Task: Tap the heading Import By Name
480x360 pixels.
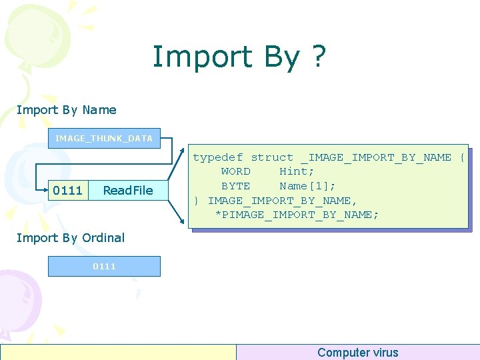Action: [66, 110]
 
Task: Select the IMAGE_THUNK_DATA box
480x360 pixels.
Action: [104, 138]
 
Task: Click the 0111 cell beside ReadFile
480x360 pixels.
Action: [67, 191]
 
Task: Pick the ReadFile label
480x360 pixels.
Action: [128, 191]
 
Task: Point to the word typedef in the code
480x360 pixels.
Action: [218, 157]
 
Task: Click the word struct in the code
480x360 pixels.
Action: [272, 157]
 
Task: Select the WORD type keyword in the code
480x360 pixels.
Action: [236, 171]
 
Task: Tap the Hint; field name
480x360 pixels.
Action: [297, 171]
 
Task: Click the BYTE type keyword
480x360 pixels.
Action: [236, 186]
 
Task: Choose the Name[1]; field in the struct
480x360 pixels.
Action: [307, 186]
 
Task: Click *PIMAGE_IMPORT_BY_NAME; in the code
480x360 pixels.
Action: [297, 215]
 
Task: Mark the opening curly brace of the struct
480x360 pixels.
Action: [462, 157]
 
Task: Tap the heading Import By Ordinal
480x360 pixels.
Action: [70, 237]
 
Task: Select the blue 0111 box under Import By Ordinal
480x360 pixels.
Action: [104, 266]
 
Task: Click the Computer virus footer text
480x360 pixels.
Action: [357, 353]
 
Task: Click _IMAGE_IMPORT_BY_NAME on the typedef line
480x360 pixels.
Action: [375, 157]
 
